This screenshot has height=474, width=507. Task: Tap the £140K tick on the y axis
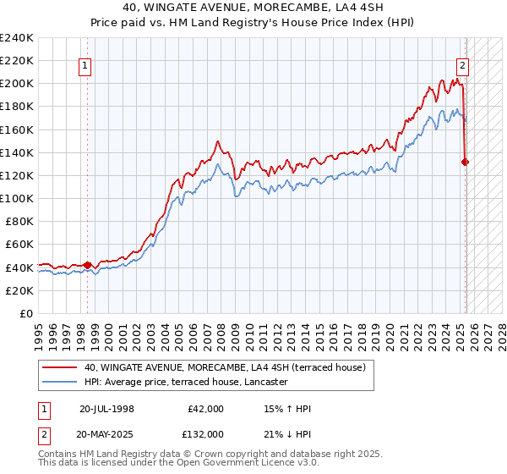[x=17, y=152]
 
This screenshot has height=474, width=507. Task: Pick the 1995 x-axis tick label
[x=39, y=329]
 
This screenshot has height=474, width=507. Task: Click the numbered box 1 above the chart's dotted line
[x=86, y=65]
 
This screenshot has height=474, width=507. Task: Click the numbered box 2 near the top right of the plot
[x=463, y=65]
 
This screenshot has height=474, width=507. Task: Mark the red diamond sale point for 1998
[x=88, y=265]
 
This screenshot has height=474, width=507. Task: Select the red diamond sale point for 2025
[x=466, y=162]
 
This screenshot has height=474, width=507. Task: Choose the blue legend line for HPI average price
[x=59, y=383]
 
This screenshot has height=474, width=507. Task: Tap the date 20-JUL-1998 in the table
[x=106, y=409]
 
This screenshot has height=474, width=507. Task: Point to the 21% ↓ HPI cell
[x=287, y=434]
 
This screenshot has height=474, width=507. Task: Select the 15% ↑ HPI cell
[x=287, y=409]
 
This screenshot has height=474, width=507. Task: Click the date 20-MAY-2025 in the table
[x=107, y=434]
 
